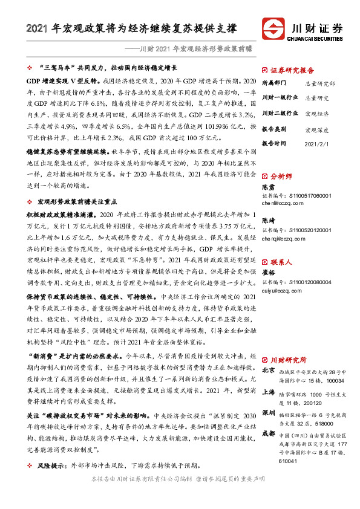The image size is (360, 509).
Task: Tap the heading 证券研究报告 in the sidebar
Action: coord(292,70)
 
